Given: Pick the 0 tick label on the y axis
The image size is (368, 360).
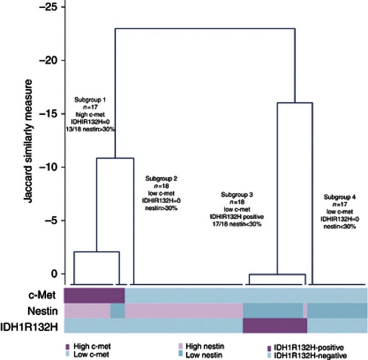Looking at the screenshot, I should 54,273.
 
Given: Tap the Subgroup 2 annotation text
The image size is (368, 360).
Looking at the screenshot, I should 161,194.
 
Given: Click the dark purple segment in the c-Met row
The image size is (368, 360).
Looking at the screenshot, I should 94,295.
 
